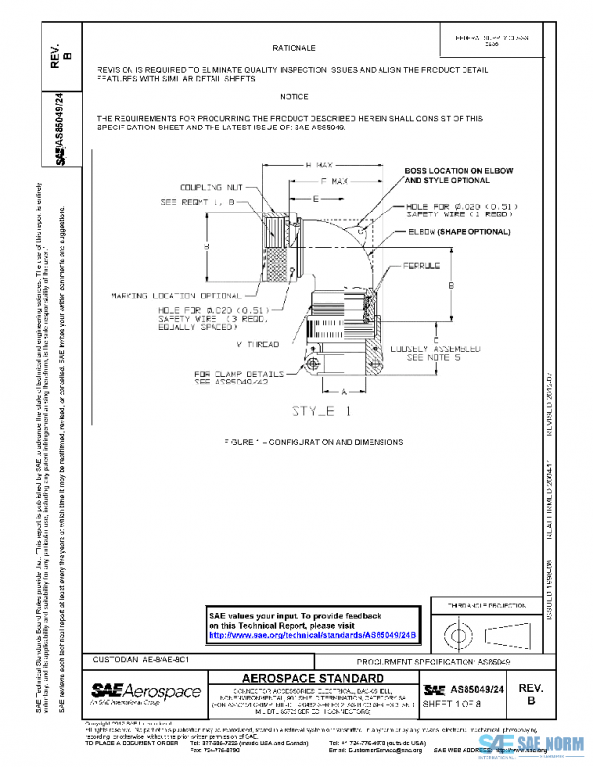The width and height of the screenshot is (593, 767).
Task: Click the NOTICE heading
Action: (x=294, y=97)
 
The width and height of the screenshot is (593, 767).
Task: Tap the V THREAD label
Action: (x=258, y=344)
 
